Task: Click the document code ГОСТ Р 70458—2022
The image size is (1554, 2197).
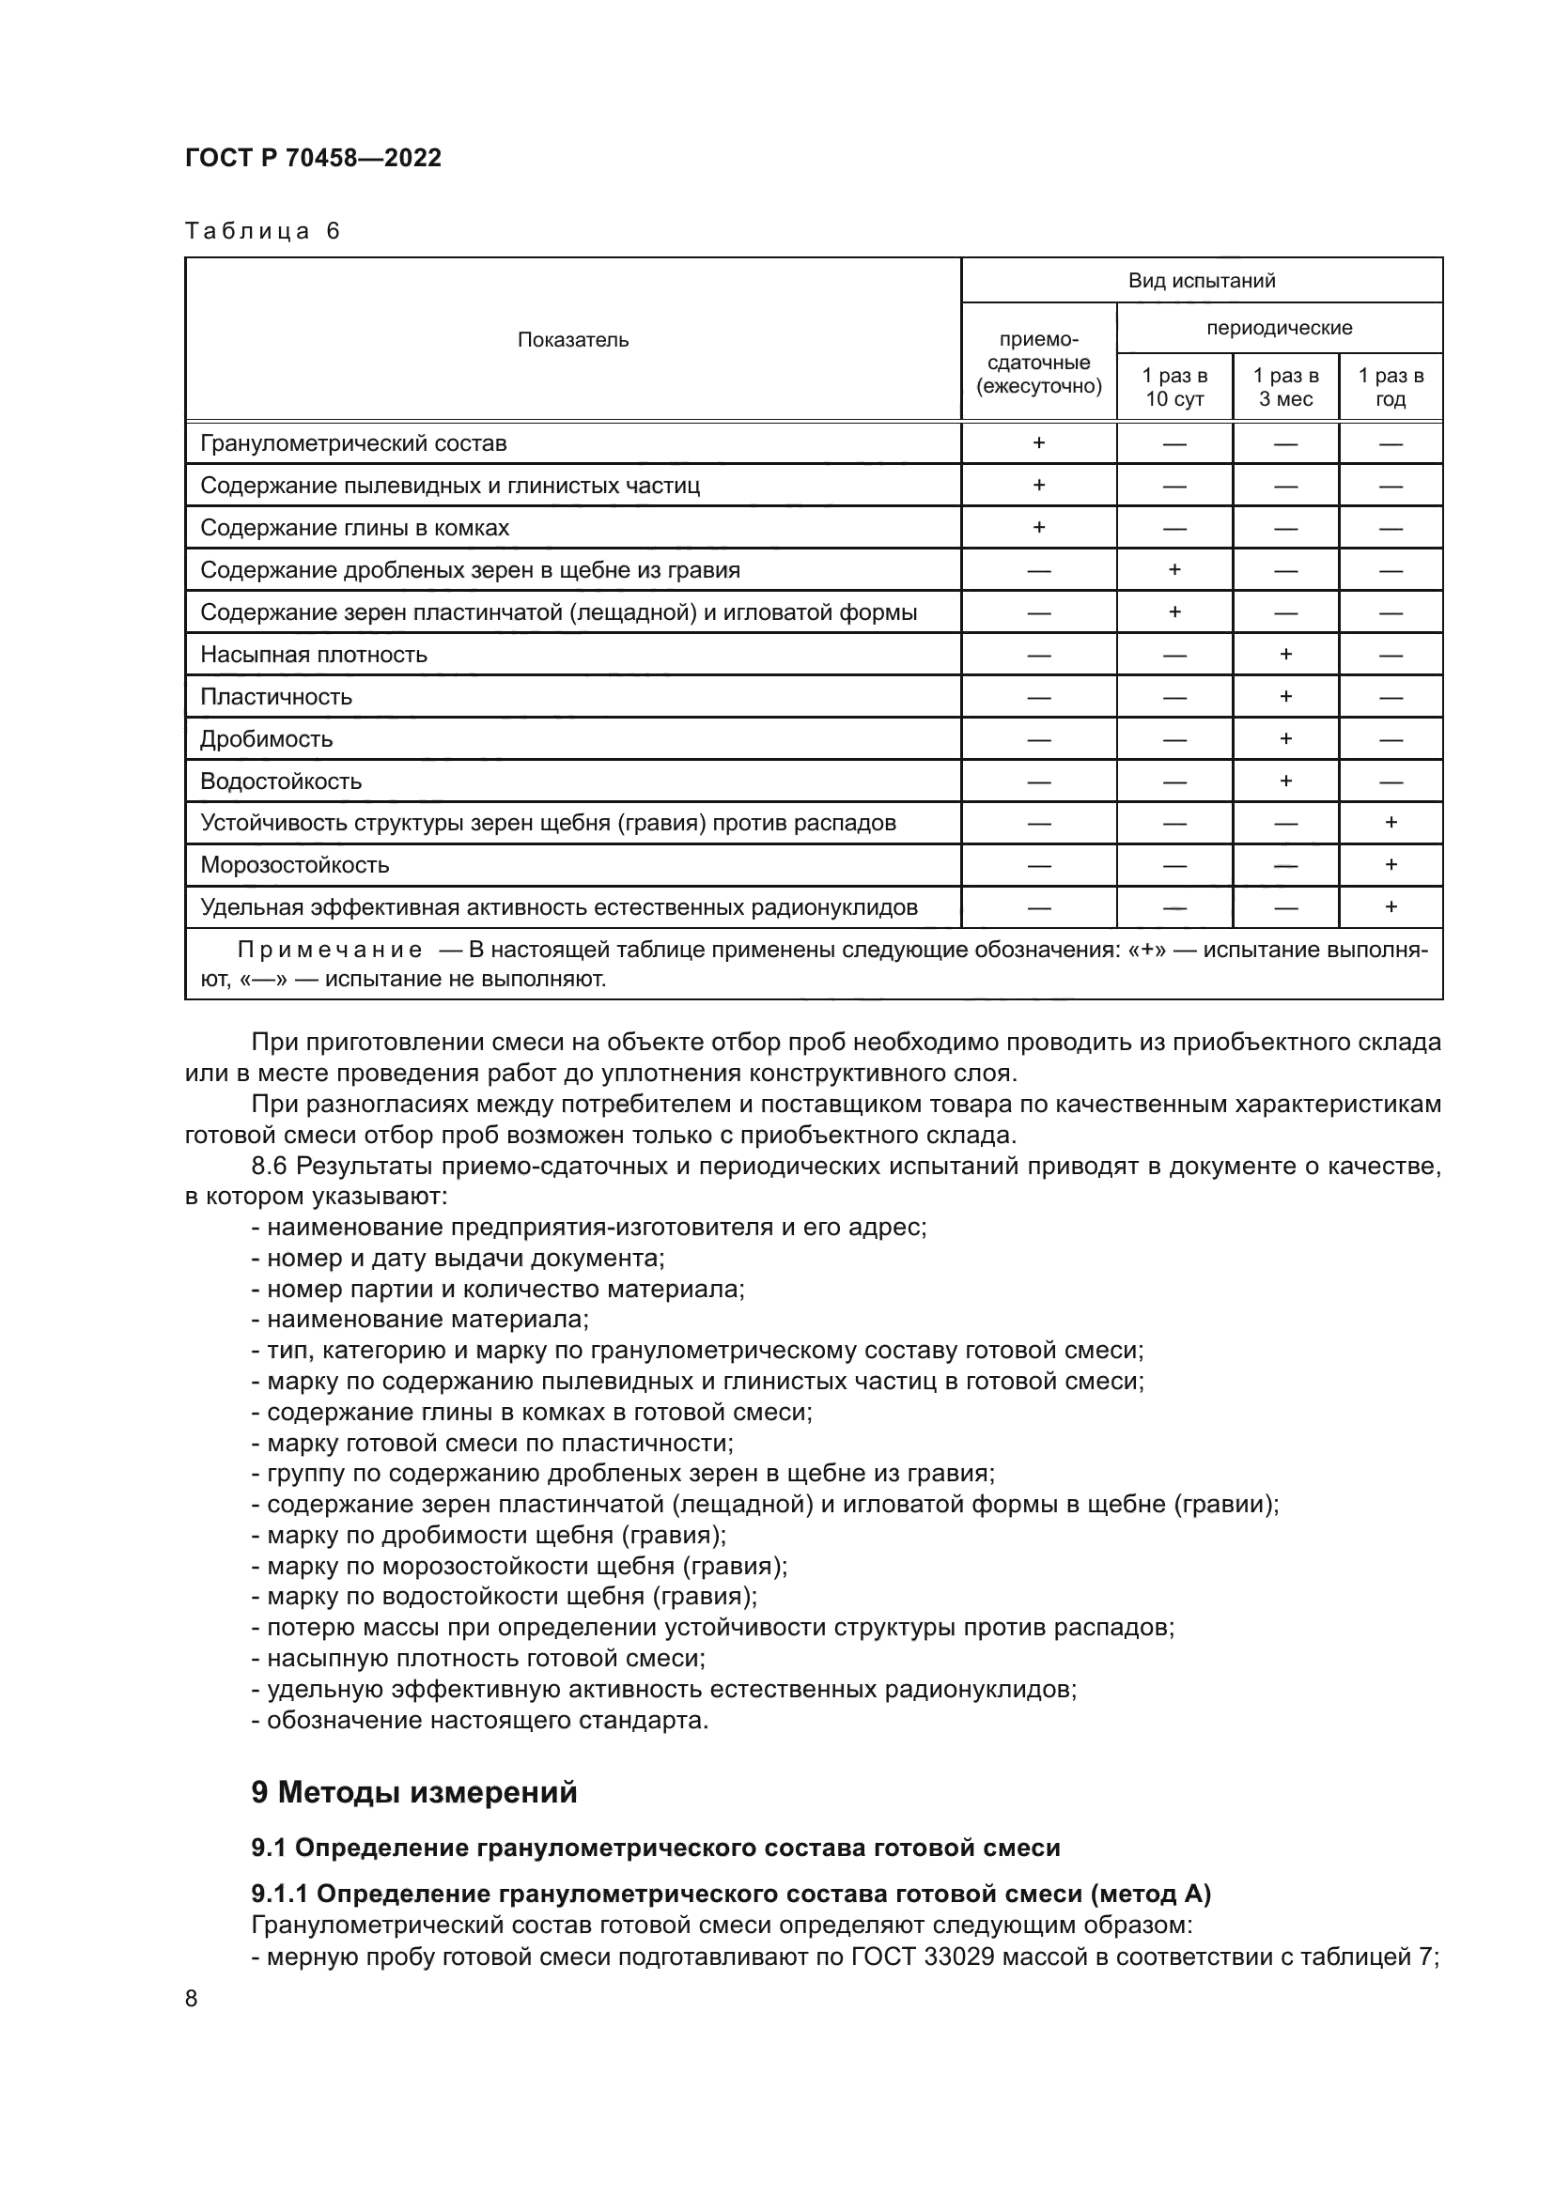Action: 313,158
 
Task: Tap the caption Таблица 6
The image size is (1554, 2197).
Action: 262,232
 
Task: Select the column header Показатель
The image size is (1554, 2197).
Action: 572,340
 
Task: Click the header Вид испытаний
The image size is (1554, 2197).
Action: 1201,280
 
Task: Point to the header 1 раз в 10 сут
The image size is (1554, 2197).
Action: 1174,387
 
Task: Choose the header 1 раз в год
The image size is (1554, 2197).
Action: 1391,387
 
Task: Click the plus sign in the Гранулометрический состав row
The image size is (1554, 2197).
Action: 1038,443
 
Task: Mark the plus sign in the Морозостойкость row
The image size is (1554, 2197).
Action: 1391,865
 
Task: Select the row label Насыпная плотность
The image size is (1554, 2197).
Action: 313,655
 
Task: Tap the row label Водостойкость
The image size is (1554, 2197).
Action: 280,781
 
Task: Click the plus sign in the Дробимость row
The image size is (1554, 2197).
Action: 1285,738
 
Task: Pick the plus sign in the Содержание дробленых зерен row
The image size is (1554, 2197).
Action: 1174,570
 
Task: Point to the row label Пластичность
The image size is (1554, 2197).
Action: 275,697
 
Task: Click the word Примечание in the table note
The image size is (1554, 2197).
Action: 329,951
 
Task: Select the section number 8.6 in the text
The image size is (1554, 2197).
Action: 269,1167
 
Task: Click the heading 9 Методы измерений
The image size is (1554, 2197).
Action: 413,1791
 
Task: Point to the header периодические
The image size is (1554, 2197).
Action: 1279,328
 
